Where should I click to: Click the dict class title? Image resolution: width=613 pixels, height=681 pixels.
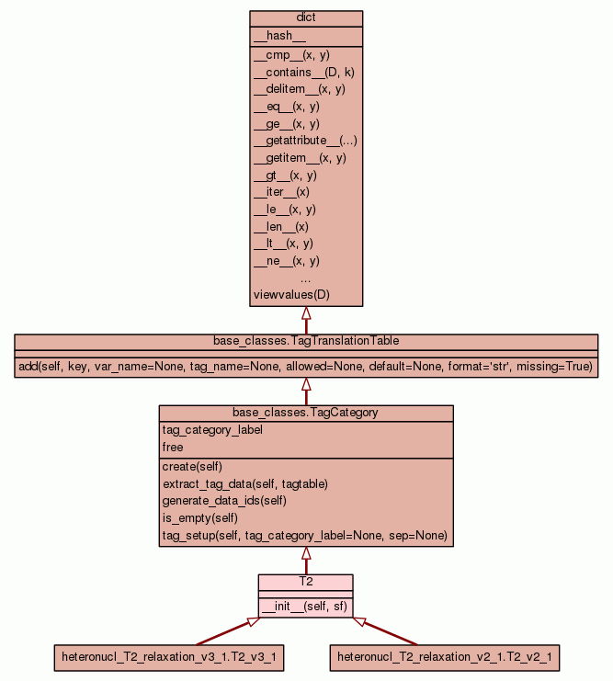(x=306, y=18)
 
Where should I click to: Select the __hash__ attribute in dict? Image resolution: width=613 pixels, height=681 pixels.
(x=273, y=36)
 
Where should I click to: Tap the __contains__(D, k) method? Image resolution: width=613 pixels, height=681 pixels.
(x=298, y=72)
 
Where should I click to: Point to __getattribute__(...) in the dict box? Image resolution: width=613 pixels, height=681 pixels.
(x=305, y=141)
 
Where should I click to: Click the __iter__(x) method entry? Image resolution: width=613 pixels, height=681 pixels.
(x=281, y=192)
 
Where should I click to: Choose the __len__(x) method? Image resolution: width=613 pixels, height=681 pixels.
(x=280, y=226)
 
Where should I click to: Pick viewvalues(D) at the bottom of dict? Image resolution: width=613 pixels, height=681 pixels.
(x=291, y=295)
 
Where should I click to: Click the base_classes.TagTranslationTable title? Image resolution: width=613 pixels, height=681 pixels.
(x=306, y=341)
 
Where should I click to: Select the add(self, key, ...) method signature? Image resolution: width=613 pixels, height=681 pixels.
(x=306, y=367)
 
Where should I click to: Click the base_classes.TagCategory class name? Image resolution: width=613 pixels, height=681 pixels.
(x=306, y=413)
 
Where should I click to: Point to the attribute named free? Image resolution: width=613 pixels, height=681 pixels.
(x=173, y=448)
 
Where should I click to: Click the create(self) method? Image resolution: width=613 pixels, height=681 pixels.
(x=194, y=467)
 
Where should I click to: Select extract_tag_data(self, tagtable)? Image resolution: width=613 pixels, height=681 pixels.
(x=245, y=483)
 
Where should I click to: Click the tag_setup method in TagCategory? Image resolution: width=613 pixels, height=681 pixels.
(x=304, y=536)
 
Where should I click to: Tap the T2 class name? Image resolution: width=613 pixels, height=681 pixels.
(x=306, y=582)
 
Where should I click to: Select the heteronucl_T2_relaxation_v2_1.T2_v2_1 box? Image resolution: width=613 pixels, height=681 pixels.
(x=445, y=657)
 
